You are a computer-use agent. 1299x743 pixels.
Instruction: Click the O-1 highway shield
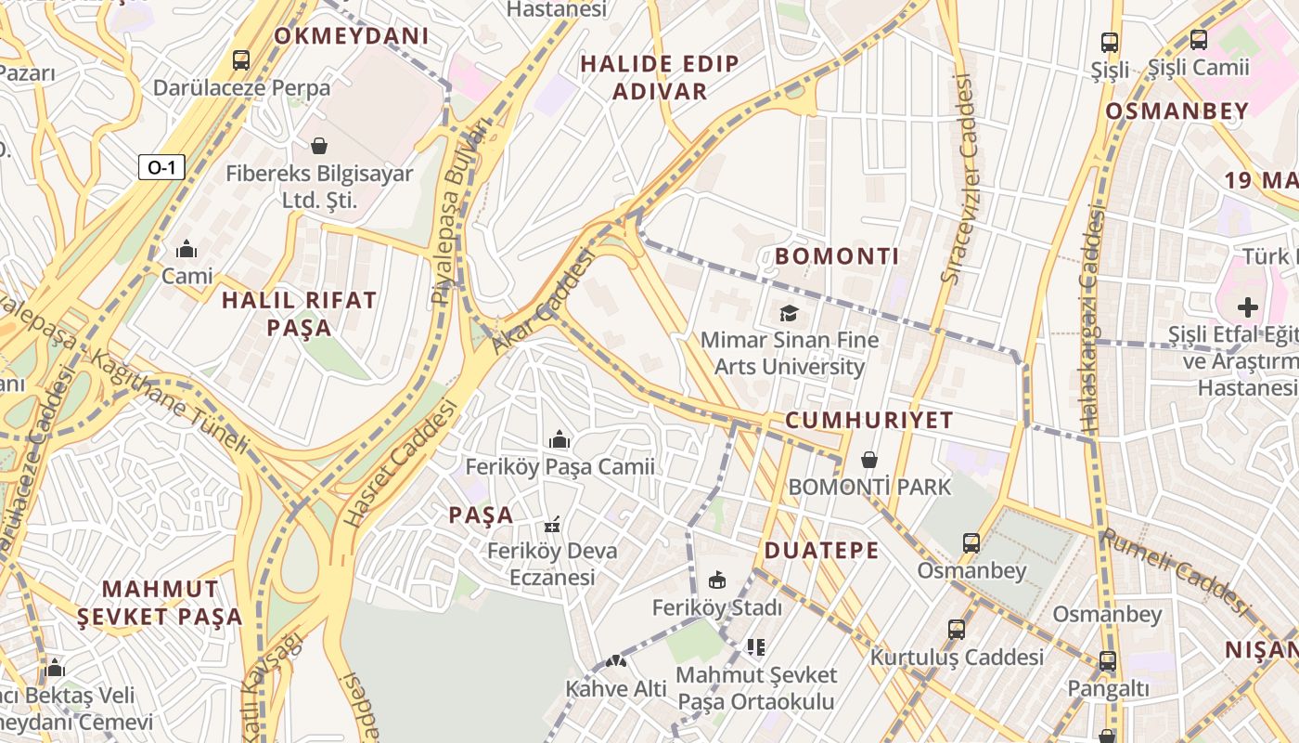[x=161, y=167]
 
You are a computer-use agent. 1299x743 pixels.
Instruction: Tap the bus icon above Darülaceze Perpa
[x=241, y=60]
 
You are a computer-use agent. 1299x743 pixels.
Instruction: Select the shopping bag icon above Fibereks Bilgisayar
[x=319, y=146]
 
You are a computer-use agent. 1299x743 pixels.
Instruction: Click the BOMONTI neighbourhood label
[x=837, y=256]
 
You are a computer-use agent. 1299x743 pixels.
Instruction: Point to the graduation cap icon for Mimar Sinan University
[x=789, y=313]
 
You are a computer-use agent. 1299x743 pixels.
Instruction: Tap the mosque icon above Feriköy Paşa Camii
[x=559, y=439]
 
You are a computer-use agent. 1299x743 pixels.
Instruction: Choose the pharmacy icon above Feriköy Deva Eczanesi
[x=553, y=525]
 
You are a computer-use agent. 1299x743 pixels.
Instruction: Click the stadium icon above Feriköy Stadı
[x=716, y=580]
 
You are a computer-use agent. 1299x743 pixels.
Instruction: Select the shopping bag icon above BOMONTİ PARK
[x=869, y=460]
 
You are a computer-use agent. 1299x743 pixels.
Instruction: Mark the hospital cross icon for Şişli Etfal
[x=1248, y=306]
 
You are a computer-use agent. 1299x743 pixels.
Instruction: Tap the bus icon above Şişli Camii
[x=1199, y=40]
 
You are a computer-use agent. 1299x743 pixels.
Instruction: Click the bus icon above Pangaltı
[x=1107, y=661]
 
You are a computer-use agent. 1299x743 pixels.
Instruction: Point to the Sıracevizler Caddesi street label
[x=960, y=178]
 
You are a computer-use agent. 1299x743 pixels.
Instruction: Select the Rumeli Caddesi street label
[x=1176, y=570]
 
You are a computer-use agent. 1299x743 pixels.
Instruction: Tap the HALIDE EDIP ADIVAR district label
[x=660, y=77]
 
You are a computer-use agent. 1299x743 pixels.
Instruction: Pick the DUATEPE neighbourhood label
[x=821, y=551]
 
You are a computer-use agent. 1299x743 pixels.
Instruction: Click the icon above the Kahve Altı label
[x=616, y=661]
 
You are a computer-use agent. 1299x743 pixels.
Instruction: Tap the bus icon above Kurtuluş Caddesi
[x=957, y=630]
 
